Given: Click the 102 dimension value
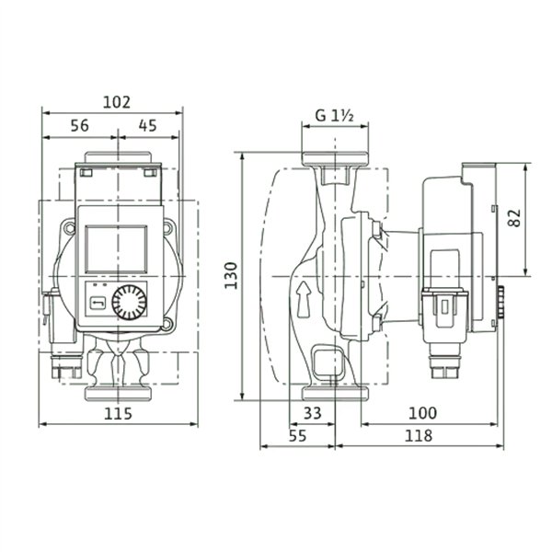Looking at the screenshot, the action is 117,102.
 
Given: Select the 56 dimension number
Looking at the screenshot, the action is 80,126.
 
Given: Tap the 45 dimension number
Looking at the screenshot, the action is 147,126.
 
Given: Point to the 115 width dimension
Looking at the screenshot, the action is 118,414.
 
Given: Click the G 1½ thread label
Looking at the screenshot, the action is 334,116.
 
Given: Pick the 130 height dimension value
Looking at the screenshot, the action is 231,276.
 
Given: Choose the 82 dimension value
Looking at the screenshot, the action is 514,218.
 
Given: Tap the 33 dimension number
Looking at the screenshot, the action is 312,413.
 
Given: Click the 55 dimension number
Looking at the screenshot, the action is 298,436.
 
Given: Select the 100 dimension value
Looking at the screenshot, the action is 422,413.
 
